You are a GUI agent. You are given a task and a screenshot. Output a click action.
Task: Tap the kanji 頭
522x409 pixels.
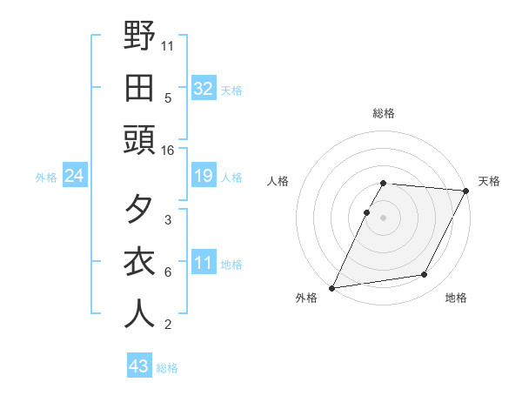(x=140, y=139)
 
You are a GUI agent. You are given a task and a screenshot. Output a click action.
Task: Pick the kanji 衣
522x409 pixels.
(x=140, y=262)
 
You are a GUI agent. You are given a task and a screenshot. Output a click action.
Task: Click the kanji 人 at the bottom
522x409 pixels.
(x=140, y=314)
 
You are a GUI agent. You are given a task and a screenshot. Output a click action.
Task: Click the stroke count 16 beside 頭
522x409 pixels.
(x=168, y=151)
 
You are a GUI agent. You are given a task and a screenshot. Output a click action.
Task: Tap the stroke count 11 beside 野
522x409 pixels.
(x=168, y=45)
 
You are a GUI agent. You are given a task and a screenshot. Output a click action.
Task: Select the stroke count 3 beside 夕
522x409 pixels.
(x=168, y=220)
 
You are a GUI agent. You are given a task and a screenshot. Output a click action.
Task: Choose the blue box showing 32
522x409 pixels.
(x=203, y=89)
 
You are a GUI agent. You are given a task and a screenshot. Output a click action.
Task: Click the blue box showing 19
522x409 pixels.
(x=203, y=177)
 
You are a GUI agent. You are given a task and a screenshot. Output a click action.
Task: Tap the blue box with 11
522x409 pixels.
(x=203, y=264)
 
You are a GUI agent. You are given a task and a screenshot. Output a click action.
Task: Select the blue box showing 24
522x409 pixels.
(x=74, y=177)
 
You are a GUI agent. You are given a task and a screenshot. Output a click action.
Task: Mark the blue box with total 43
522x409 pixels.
(x=138, y=366)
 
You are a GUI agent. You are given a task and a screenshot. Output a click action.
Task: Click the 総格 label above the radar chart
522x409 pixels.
(x=384, y=113)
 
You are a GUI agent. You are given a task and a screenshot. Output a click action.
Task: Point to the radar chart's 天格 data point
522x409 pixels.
(x=466, y=191)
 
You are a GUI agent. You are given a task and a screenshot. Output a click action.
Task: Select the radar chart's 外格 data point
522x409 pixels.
(x=331, y=287)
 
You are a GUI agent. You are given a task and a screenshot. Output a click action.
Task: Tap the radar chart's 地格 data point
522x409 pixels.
(x=425, y=275)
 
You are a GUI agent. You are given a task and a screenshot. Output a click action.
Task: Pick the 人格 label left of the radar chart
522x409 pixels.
(x=278, y=181)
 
